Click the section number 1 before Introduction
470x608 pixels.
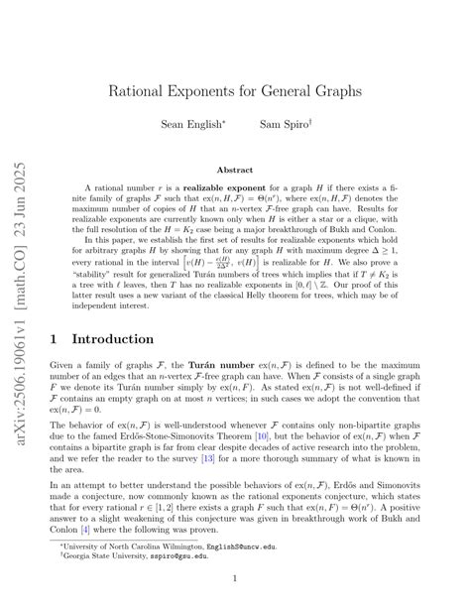click(53, 338)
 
